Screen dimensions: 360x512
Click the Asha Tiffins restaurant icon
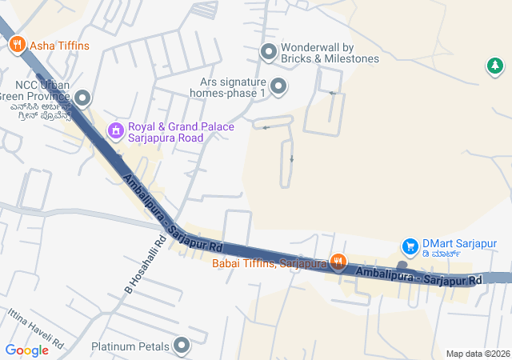(18, 46)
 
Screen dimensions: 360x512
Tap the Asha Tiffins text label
(59, 46)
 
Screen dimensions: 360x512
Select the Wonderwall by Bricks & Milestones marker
(269, 53)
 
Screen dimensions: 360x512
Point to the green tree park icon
(495, 66)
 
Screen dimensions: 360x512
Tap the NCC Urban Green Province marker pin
(82, 98)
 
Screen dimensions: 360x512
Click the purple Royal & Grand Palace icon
(115, 129)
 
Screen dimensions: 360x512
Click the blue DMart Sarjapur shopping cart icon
(410, 245)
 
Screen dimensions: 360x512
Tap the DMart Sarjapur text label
(459, 244)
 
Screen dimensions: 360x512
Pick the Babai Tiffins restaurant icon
(338, 261)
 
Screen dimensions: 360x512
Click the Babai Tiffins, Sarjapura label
(270, 262)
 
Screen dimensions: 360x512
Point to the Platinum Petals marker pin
(182, 346)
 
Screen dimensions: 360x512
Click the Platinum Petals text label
(130, 346)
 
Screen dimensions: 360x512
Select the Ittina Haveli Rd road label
(35, 328)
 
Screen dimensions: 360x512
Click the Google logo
(26, 350)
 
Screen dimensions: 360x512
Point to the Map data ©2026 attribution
(478, 354)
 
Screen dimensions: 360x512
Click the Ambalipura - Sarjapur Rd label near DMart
(419, 277)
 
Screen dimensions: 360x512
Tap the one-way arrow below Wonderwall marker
(332, 93)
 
